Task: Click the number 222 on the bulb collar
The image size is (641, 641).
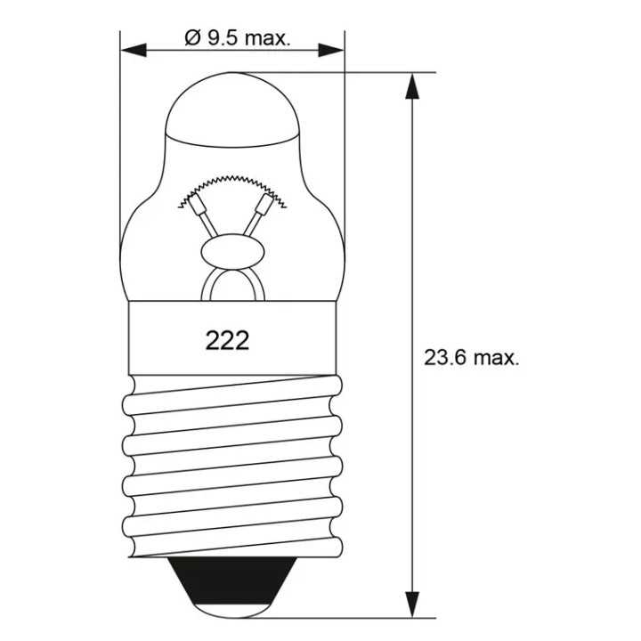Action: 227,340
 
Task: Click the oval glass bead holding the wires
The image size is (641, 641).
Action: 232,252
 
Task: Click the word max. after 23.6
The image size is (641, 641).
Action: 496,358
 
